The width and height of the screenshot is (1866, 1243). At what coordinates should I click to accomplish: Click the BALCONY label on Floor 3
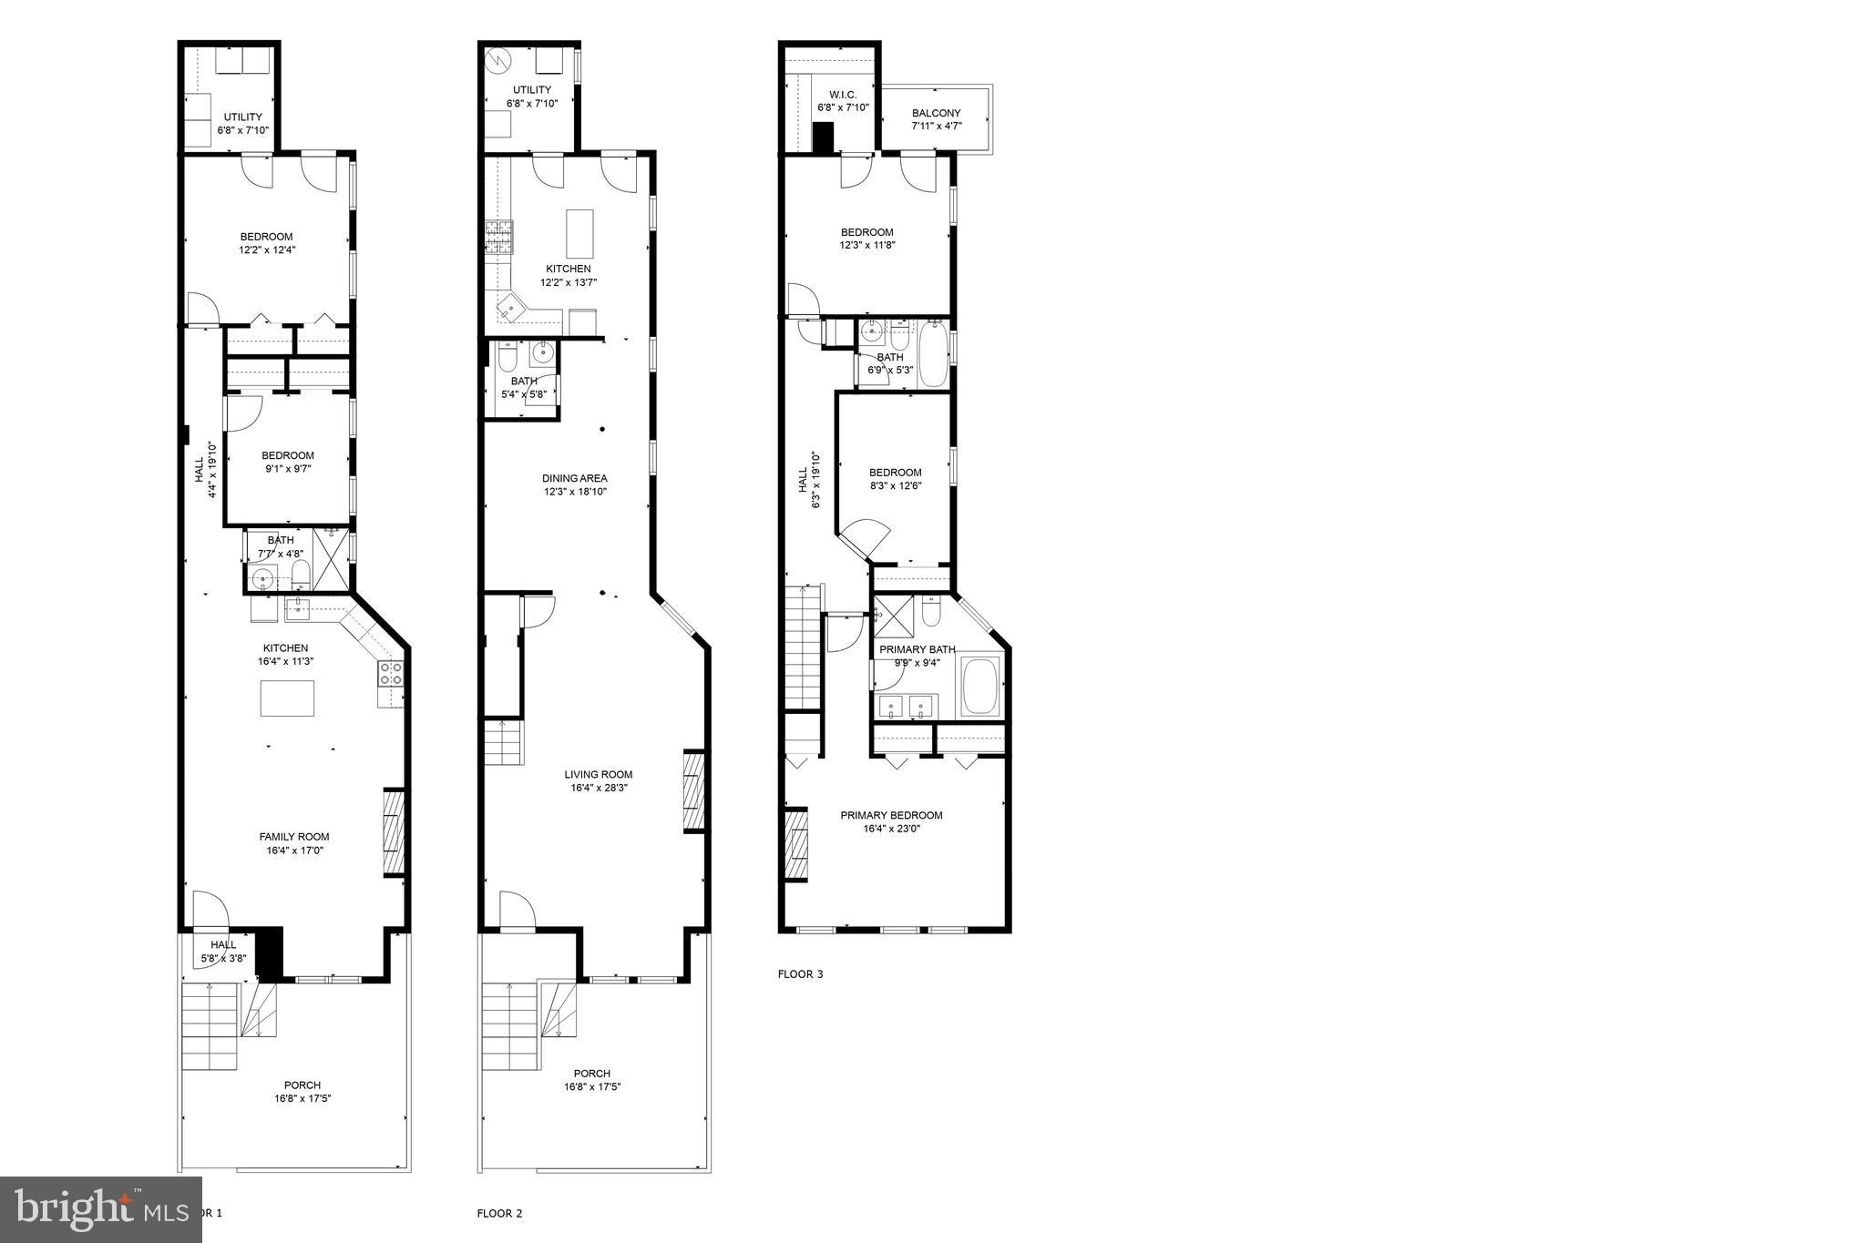[936, 114]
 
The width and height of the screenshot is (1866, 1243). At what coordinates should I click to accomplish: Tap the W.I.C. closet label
[843, 95]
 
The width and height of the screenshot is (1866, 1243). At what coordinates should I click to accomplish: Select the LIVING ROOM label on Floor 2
[598, 775]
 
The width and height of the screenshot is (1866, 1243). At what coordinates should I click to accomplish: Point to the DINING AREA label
[574, 479]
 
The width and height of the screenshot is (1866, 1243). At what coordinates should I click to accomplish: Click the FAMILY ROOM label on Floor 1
[293, 837]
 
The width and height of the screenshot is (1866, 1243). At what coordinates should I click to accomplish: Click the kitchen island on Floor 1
[287, 698]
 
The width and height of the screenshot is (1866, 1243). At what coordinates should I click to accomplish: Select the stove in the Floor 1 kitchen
[392, 674]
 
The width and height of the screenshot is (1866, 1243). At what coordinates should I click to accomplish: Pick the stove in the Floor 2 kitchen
[498, 238]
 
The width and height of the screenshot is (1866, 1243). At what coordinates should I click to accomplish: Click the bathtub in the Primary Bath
[980, 687]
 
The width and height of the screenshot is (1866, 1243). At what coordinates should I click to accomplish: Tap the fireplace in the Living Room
[694, 790]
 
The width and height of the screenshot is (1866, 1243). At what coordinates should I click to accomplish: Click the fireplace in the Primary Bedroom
[796, 844]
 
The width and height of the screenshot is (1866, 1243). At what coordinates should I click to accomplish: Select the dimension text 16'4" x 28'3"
[598, 789]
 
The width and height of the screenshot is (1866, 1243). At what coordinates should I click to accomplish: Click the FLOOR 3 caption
[800, 974]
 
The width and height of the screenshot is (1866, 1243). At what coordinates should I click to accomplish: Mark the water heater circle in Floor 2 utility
[497, 61]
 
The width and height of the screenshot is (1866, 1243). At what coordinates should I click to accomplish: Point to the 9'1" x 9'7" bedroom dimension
[287, 469]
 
